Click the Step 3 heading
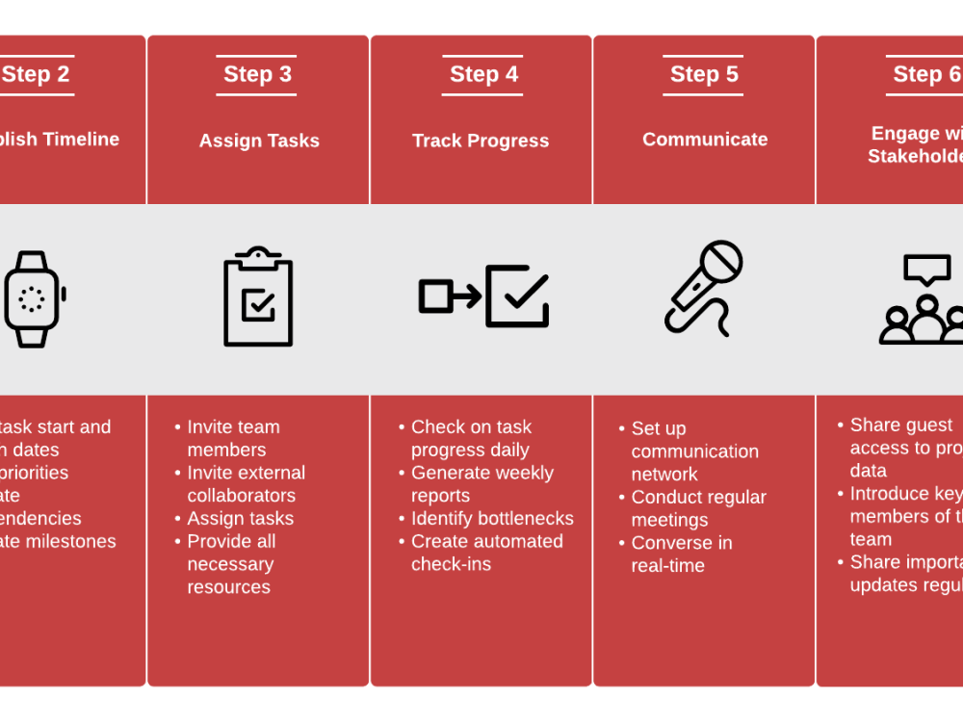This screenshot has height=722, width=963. [257, 75]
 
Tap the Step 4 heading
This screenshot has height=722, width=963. [483, 75]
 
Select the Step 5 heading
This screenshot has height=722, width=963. [704, 75]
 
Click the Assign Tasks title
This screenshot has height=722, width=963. [259, 141]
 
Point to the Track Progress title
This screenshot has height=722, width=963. [481, 141]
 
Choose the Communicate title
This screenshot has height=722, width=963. [705, 140]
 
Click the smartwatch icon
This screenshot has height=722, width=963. [33, 299]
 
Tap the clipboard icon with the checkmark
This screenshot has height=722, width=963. [258, 297]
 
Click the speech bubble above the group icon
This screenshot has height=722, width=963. [926, 270]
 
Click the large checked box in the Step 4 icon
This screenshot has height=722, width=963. [517, 297]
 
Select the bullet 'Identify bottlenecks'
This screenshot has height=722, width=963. [492, 519]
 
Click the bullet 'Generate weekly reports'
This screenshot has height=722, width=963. [481, 484]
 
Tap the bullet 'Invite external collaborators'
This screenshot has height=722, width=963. [245, 484]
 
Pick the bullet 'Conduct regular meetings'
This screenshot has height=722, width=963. [698, 508]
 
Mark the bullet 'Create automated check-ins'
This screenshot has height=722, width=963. [486, 553]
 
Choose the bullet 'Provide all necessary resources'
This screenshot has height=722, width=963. [231, 564]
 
